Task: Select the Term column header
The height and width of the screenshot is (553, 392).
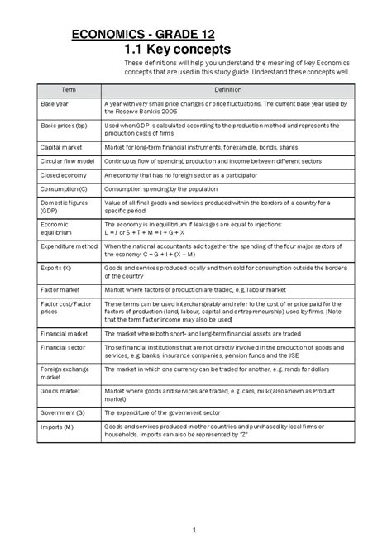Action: coord(63,88)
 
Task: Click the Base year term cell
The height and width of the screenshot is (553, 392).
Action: coord(55,103)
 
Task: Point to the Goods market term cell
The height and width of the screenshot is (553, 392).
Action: coord(60,393)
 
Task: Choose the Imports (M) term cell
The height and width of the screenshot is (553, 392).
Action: coord(57,427)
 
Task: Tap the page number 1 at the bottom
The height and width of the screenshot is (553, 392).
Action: coord(193,530)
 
